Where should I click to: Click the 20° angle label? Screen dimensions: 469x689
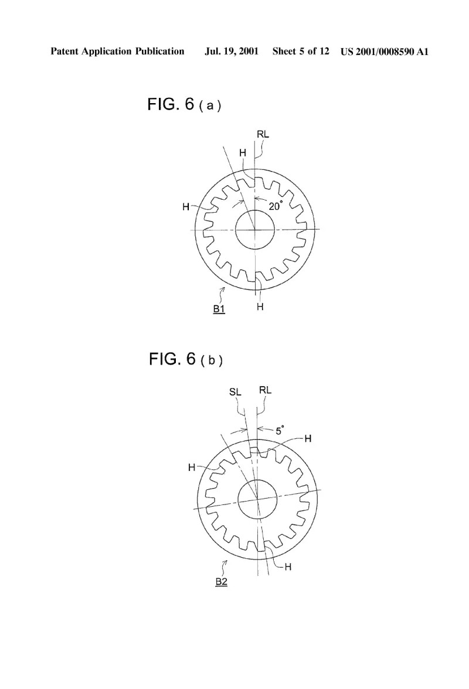pos(275,206)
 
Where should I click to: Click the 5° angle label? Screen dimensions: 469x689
pos(280,430)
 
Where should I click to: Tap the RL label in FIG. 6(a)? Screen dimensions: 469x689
pos(263,135)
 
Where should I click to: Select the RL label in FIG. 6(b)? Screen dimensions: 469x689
pos(265,390)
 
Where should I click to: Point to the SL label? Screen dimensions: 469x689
pos(235,391)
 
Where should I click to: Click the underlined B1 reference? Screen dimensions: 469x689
pos(219,309)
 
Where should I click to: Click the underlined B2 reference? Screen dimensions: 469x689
pos(221,582)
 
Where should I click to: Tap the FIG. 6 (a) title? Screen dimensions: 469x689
pos(183,104)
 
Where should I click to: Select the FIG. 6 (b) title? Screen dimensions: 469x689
pos(185,360)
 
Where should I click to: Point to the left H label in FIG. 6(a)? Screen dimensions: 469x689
pos(186,206)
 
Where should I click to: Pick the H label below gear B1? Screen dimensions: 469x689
pos(260,307)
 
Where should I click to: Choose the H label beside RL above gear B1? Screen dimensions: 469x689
pos(243,153)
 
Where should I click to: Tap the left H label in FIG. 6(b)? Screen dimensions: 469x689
pos(192,468)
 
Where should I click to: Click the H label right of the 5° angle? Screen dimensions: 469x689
pos(308,438)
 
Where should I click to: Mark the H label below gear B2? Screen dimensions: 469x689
pos(288,567)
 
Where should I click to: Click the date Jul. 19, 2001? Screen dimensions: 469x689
pos(232,52)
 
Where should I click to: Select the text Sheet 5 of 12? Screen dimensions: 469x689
pos(301,51)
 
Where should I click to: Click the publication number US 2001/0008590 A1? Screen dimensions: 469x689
pos(384,52)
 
